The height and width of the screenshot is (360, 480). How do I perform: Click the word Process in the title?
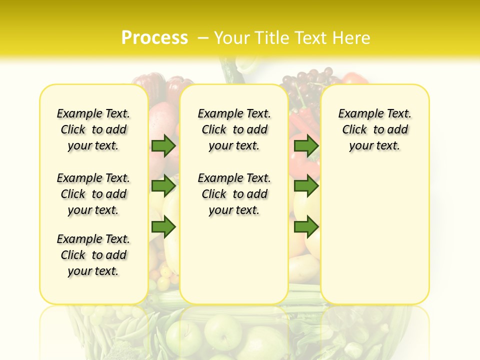(154, 37)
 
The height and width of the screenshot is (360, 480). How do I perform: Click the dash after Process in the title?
(203, 38)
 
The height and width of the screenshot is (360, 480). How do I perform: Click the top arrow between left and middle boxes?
(163, 146)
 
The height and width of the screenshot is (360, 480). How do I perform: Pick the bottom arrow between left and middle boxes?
(163, 227)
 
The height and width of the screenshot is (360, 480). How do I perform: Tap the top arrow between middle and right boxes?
(306, 146)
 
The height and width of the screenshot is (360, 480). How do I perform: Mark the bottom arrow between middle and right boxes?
(306, 227)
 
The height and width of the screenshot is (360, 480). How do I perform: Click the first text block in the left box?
(93, 129)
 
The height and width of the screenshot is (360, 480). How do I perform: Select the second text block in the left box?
(93, 194)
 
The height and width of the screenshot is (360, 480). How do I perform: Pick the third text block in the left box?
(93, 255)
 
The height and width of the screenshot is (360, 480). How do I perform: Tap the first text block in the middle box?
(234, 129)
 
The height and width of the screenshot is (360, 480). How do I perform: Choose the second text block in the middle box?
(234, 194)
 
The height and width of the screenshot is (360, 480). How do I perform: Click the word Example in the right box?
(357, 114)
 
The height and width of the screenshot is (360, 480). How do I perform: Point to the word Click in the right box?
(354, 130)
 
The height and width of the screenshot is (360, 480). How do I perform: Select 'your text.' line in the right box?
(374, 146)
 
